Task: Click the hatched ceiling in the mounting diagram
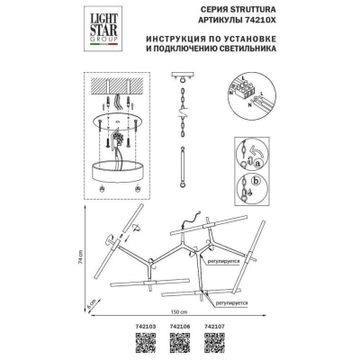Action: click(x=114, y=93)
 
